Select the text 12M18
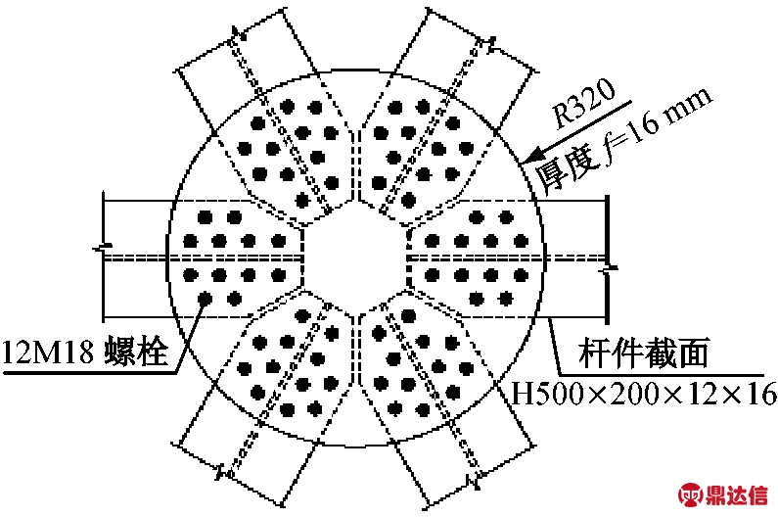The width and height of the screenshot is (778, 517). (48, 352)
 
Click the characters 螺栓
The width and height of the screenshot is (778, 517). (135, 352)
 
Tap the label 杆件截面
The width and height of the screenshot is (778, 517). (644, 352)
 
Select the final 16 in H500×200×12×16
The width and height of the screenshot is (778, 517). (760, 394)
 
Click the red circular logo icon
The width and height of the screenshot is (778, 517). (691, 494)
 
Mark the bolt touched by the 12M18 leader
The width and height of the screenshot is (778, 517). (205, 299)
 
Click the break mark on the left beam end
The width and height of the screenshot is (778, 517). (103, 248)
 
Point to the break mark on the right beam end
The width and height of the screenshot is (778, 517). (609, 269)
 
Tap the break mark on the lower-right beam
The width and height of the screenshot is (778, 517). (475, 478)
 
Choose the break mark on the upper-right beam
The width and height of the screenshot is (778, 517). (491, 45)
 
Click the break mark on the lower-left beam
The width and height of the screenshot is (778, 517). (222, 471)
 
